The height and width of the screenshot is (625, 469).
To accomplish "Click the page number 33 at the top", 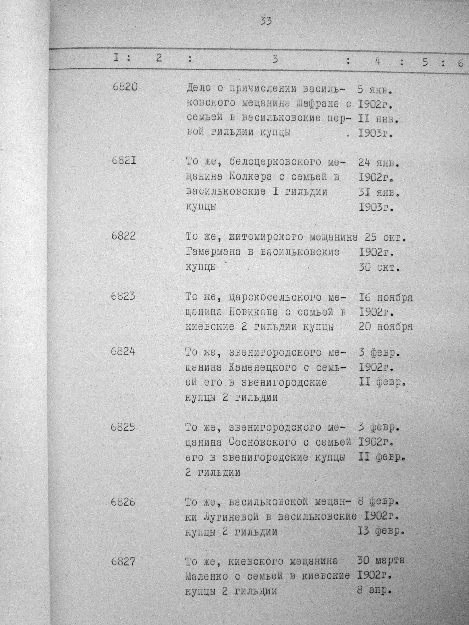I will click(x=266, y=21).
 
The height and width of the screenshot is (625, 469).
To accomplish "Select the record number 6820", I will click(x=125, y=87).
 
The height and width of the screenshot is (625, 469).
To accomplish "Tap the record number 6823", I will click(x=123, y=296).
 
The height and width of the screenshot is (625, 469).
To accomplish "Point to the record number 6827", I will click(x=123, y=562).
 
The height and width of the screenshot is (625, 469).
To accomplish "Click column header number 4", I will click(x=378, y=62).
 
